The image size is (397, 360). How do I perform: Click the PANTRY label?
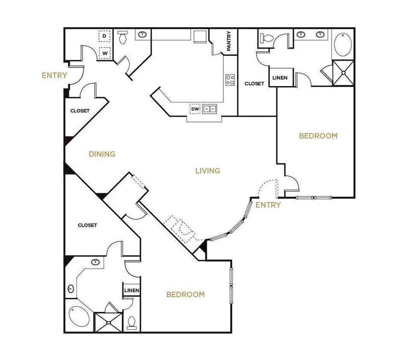click(x=229, y=41)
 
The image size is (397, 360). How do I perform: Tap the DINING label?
click(x=102, y=154)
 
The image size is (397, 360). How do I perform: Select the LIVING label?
click(x=207, y=171)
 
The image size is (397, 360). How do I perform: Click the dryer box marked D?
click(x=104, y=37)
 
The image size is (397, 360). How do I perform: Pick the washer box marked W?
click(x=104, y=53)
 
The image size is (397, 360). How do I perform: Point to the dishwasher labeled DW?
click(x=195, y=109)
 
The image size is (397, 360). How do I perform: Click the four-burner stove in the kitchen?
click(x=230, y=80)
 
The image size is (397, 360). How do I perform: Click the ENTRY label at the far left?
click(x=54, y=75)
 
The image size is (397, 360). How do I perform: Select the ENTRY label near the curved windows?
click(x=268, y=205)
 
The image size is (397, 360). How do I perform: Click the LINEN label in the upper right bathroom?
click(x=280, y=78)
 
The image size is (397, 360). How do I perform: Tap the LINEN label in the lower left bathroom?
click(x=131, y=290)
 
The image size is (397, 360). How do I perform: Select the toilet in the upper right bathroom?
click(x=267, y=38)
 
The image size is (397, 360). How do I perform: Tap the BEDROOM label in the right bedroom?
click(x=318, y=136)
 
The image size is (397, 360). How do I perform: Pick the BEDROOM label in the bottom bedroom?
click(x=185, y=294)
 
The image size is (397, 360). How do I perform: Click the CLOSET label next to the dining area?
click(x=80, y=111)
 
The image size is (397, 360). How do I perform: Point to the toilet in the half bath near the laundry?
click(x=123, y=38)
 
